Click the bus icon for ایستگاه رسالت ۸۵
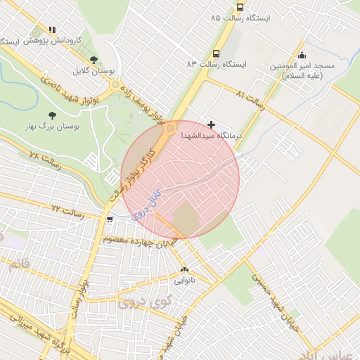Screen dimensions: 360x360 click(240, 8)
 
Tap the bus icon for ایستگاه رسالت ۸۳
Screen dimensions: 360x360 click(216, 53)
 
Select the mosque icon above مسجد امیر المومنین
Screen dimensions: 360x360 click(302, 56)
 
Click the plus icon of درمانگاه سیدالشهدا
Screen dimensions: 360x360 click(211, 124)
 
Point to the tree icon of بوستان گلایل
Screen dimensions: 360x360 click(94, 60)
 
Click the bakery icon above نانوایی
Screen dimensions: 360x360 click(185, 269)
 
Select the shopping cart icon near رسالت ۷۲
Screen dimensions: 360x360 click(109, 219)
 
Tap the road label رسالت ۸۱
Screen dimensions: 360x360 click(250, 100)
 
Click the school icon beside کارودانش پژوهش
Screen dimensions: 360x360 click(52, 30)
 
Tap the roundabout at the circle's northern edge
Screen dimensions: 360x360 click(170, 128)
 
